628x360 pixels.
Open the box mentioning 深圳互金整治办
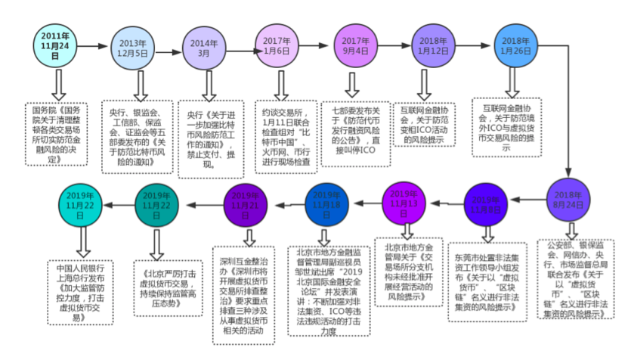(x=243, y=293)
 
